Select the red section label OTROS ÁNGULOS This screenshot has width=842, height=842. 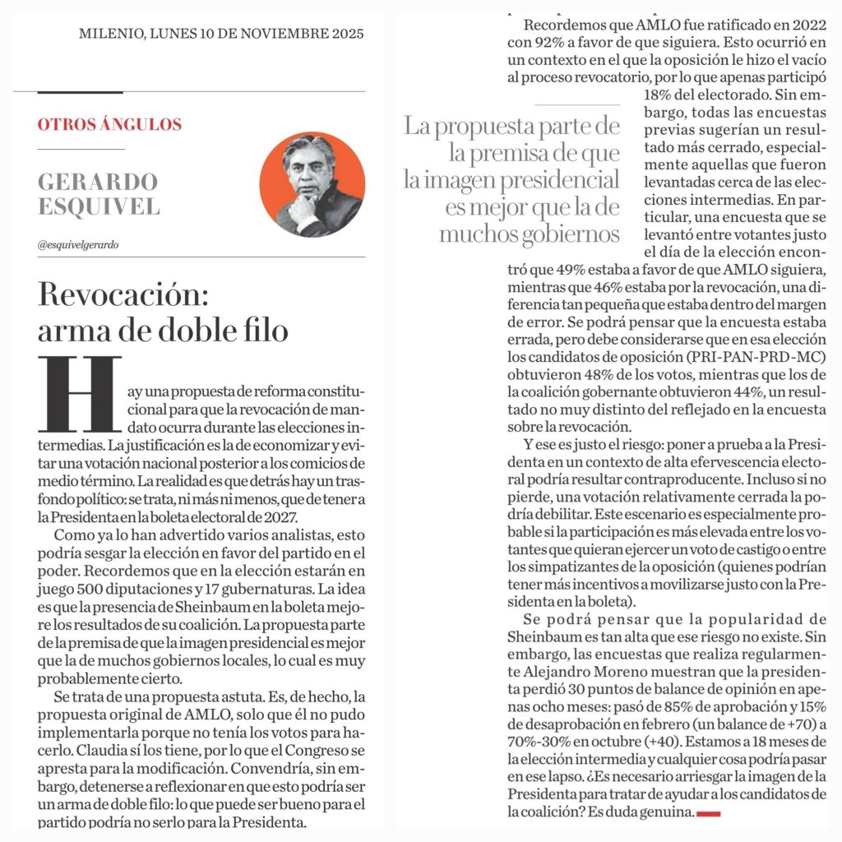click(109, 125)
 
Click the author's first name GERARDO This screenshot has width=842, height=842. click(98, 181)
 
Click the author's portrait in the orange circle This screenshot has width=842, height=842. click(312, 184)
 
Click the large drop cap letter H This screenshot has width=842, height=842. click(79, 394)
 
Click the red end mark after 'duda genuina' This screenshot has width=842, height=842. click(709, 813)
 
